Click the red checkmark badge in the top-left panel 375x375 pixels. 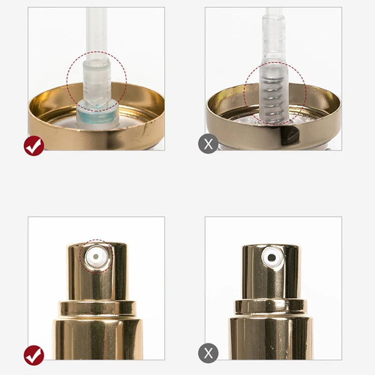(x=34, y=146)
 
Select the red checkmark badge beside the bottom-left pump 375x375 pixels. (x=34, y=355)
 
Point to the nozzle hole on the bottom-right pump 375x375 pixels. (x=272, y=257)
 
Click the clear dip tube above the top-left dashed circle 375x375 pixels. (x=97, y=33)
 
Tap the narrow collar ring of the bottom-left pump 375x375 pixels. (x=97, y=308)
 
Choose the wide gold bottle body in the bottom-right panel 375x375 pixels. (x=270, y=337)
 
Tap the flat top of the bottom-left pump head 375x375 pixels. (x=97, y=245)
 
